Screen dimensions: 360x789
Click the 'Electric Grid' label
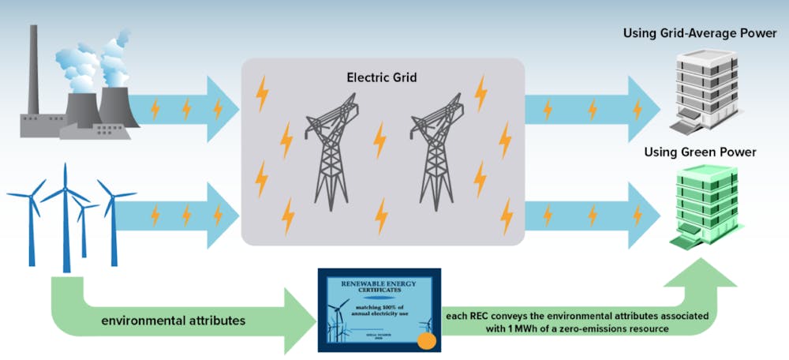point(383,78)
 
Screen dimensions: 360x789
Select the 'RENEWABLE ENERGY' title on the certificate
point(376,282)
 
